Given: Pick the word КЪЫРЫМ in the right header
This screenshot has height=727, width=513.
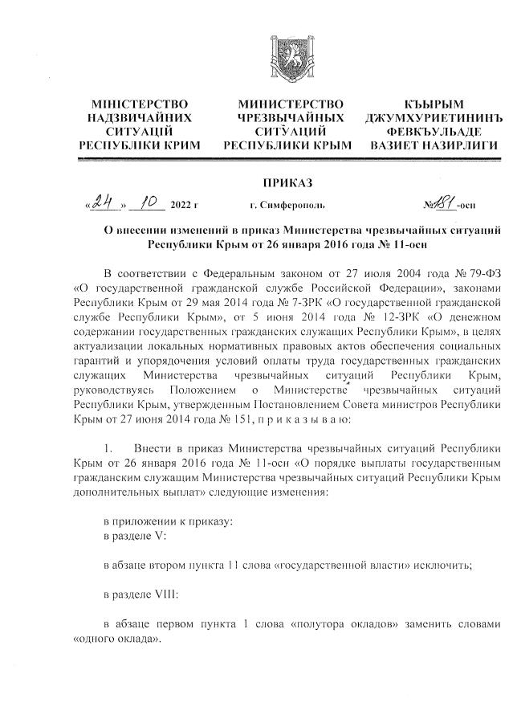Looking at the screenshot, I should coord(434,104).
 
